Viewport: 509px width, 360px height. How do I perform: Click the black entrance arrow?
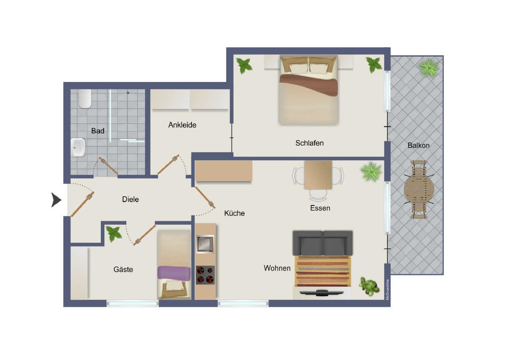[56, 199]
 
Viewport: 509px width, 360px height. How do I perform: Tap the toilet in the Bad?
[85, 98]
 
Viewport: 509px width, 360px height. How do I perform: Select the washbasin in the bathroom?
[78, 147]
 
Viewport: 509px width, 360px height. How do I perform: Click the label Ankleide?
[182, 125]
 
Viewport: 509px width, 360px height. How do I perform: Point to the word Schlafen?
[309, 143]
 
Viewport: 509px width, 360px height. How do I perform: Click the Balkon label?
[419, 145]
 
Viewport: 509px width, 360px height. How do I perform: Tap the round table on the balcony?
[419, 189]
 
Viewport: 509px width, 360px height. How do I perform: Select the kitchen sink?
[205, 244]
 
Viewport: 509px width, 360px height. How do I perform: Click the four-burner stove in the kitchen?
[205, 274]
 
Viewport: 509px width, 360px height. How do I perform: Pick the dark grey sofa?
[323, 243]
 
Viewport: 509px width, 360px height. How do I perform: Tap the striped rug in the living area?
[323, 271]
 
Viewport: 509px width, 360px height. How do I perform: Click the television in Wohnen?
[322, 293]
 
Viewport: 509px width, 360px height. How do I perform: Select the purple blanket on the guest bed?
[174, 273]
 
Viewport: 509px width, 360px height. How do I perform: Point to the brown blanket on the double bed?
[308, 85]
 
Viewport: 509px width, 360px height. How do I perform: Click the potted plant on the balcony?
[429, 68]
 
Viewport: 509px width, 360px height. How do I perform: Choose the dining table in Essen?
[318, 176]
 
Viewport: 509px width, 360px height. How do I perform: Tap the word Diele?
[131, 199]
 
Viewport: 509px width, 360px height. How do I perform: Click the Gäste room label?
[123, 270]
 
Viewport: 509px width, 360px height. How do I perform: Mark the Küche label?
[235, 213]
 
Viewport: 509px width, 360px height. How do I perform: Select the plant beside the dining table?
[371, 172]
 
